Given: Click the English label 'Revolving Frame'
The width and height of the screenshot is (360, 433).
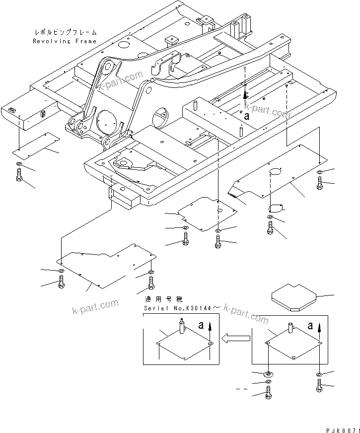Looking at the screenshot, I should tap(65, 41).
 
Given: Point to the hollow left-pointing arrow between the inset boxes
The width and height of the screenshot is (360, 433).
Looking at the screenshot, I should tap(236, 339).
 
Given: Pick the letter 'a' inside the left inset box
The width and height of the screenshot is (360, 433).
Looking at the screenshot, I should tap(201, 326).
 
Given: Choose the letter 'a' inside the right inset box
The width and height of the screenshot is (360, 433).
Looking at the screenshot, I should tap(310, 326).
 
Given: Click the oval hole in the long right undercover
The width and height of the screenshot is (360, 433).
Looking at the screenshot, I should tap(275, 172).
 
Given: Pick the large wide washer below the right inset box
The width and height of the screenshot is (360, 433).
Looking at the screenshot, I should tap(269, 374).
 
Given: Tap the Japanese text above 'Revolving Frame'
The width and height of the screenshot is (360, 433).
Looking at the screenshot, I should tap(65, 33).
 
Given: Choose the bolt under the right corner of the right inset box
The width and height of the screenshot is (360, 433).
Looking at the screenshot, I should tap(318, 385).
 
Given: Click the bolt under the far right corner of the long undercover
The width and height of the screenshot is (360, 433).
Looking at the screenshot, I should tap(319, 184).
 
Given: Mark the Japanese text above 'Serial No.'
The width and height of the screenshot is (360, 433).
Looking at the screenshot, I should tap(163, 299).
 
